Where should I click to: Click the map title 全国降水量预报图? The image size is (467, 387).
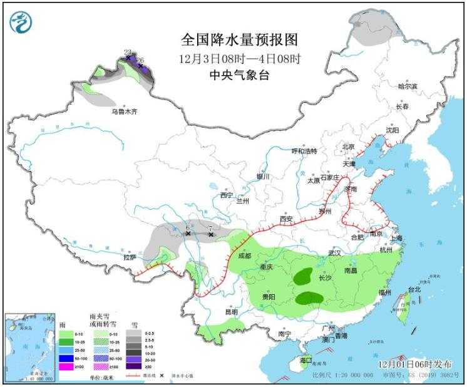point(239,40)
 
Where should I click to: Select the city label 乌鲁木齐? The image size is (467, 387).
point(124,111)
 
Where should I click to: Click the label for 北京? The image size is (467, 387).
point(348,147)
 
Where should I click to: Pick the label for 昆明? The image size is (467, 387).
point(231,311)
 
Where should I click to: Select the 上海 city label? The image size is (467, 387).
point(395,238)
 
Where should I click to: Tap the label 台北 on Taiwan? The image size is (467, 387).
point(414,289)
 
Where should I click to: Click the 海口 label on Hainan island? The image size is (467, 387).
point(305,361)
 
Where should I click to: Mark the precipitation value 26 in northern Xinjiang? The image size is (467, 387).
point(140,60)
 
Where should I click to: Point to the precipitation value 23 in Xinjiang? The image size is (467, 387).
point(128,52)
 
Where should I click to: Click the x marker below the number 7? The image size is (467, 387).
point(211,235)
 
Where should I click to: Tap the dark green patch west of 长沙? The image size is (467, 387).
point(304,274)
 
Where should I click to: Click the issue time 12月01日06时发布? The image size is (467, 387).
point(416,363)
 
